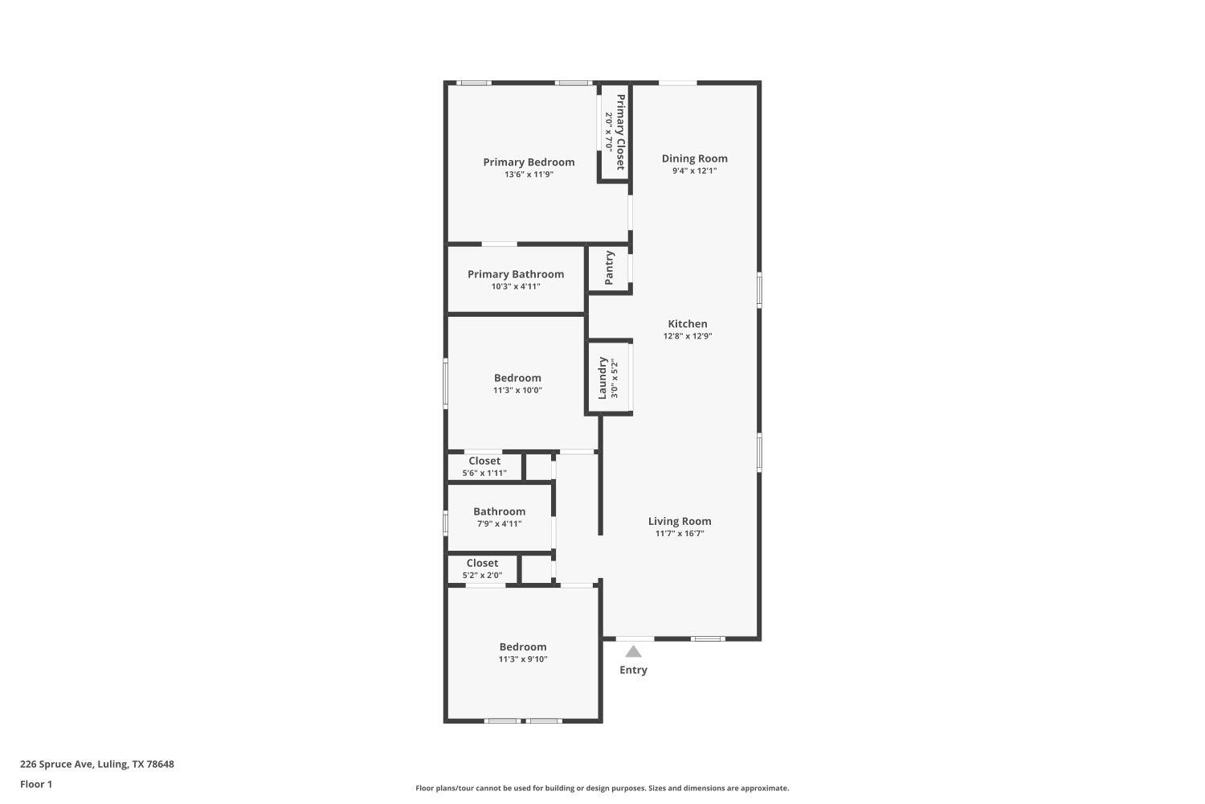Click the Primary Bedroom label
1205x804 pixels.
529,162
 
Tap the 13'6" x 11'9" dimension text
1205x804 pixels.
529,174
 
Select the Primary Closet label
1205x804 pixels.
620,132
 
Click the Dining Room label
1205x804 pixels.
694,158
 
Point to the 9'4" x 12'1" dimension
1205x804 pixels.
694,170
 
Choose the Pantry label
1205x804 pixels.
609,268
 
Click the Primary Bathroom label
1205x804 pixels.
516,274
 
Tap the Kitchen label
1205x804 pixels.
688,323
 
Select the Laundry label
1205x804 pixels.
602,378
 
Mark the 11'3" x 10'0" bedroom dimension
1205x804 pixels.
517,391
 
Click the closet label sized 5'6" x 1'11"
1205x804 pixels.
484,461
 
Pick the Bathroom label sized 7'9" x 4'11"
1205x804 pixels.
499,511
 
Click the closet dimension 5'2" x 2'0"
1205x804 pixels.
482,576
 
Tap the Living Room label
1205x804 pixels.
680,521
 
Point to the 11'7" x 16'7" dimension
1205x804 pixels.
680,534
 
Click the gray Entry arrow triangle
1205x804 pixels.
633,651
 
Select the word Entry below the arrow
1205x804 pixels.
633,670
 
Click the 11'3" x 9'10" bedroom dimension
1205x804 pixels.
523,659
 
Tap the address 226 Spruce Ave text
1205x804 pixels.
96,765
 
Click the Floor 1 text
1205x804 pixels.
36,784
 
